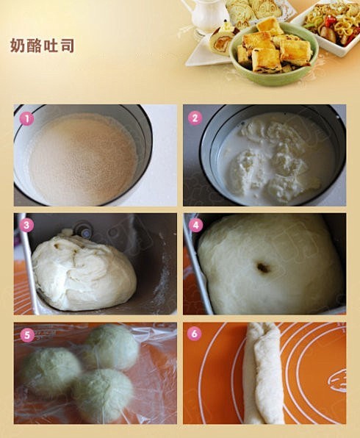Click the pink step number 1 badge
[26, 119]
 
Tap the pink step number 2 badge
[195, 118]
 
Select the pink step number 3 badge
[26, 225]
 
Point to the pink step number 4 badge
[195, 225]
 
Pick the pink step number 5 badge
[27, 334]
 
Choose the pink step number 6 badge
[195, 334]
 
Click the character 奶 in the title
[18, 46]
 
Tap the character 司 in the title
[67, 46]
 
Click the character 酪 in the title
[34, 46]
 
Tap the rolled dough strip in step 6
[263, 373]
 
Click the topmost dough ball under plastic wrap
[112, 346]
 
